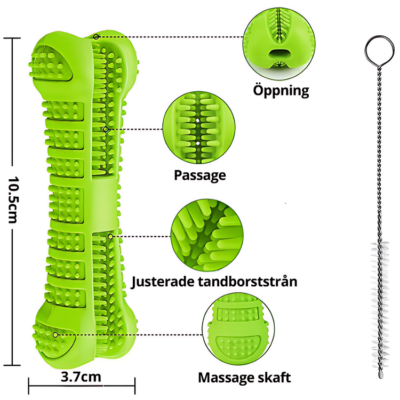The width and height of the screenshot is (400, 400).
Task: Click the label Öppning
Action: point(281,90)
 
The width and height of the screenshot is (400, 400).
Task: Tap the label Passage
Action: point(200,175)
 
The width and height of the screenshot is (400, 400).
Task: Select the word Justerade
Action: point(166,281)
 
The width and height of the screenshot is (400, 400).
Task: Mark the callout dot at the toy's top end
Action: point(96,37)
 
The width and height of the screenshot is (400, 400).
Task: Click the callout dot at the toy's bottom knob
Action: point(55,334)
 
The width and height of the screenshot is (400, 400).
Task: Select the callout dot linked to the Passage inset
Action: point(106,129)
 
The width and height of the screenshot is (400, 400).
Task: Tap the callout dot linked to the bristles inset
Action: point(110,236)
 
